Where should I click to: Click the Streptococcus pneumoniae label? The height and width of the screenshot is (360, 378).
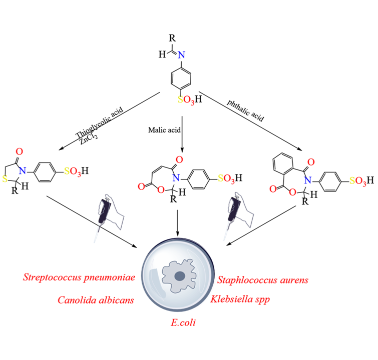tap(79, 277)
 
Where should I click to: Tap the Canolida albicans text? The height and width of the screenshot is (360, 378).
tap(96, 300)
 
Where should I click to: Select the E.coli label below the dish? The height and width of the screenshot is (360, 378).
tap(183, 322)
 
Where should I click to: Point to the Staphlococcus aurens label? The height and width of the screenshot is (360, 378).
tap(263, 279)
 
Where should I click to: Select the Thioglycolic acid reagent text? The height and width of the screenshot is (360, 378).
tap(99, 121)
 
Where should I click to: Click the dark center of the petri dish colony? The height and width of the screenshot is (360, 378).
tap(180, 276)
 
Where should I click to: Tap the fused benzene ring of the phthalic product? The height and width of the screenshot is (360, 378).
tap(283, 166)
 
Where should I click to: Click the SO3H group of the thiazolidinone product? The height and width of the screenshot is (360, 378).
tap(76, 172)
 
